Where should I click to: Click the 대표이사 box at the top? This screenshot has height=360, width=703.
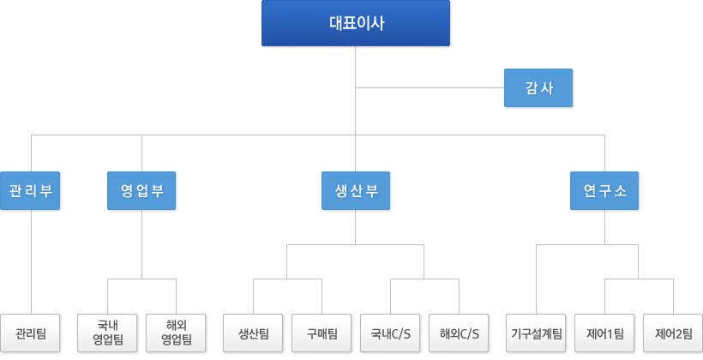click(356, 23)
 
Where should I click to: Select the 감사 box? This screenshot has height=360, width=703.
click(538, 88)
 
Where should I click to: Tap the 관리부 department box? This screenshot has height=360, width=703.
click(30, 190)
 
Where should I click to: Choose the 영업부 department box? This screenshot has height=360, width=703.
click(141, 190)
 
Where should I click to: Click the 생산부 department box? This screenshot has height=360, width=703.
click(356, 190)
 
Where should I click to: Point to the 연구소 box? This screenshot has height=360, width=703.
click(604, 190)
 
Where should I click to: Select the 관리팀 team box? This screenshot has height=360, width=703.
click(30, 333)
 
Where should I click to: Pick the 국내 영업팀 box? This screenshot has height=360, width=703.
click(107, 333)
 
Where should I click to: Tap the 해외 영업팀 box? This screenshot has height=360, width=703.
click(176, 333)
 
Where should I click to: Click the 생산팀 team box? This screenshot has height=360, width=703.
click(253, 333)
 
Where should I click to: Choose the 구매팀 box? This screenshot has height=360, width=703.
click(321, 333)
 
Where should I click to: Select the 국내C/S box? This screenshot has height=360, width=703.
click(390, 333)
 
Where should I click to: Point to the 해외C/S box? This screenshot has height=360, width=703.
click(459, 333)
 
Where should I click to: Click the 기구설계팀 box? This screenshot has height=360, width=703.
click(536, 333)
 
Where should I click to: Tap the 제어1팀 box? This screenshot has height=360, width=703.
click(604, 333)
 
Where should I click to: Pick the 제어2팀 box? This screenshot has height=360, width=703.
click(673, 333)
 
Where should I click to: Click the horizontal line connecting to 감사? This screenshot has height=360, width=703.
click(430, 88)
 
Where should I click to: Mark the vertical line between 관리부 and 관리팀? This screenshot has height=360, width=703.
click(32, 261)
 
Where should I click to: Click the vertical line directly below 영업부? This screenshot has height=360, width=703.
click(141, 244)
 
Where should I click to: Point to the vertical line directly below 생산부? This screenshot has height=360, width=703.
click(356, 227)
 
